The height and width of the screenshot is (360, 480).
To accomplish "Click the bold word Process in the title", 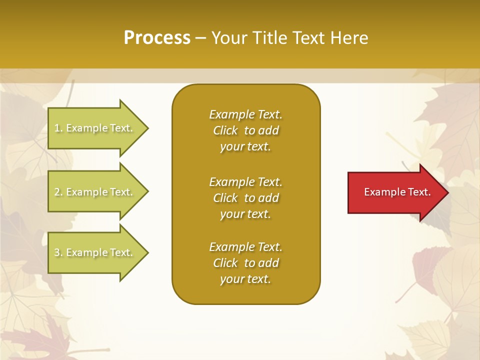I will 157,38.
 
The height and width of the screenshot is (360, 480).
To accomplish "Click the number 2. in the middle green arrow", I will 58,192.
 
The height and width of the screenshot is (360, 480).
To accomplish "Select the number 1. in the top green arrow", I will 58,128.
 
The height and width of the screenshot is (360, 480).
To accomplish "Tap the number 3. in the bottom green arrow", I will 58,252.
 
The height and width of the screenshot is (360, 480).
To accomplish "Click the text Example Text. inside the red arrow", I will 397,192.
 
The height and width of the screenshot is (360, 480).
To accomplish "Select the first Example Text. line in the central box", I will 245,114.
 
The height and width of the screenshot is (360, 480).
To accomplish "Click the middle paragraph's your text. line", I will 245,214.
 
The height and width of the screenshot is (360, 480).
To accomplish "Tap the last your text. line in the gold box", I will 245,279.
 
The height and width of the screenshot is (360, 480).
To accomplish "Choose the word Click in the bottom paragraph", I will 225,263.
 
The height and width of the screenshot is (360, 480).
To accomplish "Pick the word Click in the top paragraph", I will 225,130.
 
